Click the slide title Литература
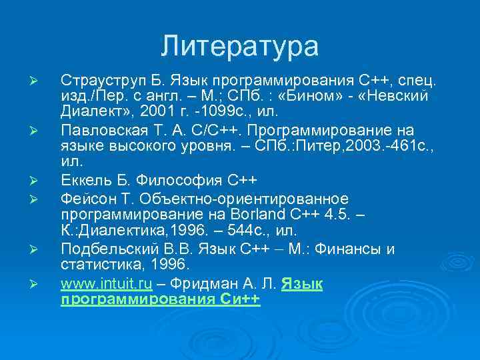pyautogui.click(x=239, y=47)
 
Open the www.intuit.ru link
pyautogui.click(x=107, y=284)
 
